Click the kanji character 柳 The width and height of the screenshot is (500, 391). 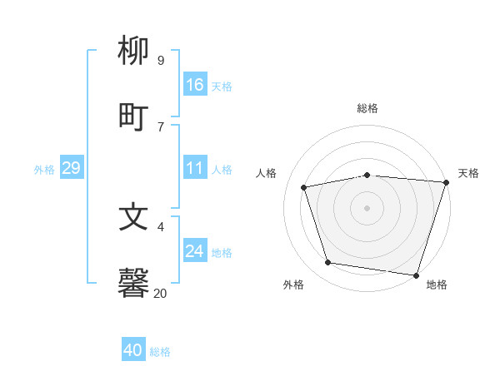(133, 51)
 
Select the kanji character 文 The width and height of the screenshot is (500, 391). (133, 217)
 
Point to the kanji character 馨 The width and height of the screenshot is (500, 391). (133, 284)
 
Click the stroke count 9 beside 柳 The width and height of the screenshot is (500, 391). (160, 60)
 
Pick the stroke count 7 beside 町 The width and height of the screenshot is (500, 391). (160, 126)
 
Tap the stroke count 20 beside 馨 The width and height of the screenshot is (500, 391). (160, 293)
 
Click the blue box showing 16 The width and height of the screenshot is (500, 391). (195, 85)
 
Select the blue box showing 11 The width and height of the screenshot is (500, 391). (195, 168)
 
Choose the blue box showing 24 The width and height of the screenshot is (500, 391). (195, 251)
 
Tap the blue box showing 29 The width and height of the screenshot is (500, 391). (71, 168)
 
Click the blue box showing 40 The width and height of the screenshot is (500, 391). (133, 350)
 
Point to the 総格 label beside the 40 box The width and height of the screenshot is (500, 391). (160, 352)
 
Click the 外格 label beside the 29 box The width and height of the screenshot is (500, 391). (44, 170)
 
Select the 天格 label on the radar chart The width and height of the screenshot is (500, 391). (468, 173)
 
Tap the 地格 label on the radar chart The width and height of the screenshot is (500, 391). (437, 285)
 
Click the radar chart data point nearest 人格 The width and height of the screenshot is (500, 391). (304, 187)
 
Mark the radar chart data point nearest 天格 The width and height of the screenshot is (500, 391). (446, 182)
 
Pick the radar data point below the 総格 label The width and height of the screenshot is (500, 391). (367, 175)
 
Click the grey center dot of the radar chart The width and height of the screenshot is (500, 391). (367, 207)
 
